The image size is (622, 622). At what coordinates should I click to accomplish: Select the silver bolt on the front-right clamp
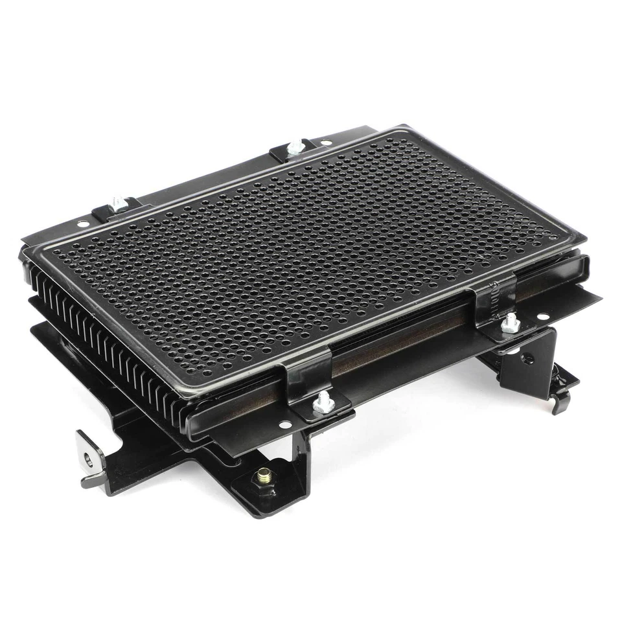(x=511, y=320)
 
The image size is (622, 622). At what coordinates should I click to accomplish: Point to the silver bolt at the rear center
(x=295, y=146)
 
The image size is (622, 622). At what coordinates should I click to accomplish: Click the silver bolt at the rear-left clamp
(x=118, y=203)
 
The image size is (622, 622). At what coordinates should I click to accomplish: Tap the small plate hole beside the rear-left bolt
(x=82, y=224)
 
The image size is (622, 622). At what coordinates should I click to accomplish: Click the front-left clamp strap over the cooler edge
(x=305, y=376)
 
